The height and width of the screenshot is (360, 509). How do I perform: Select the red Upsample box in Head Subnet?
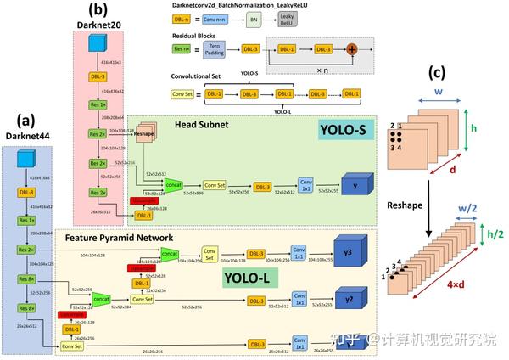(x=143, y=200)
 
